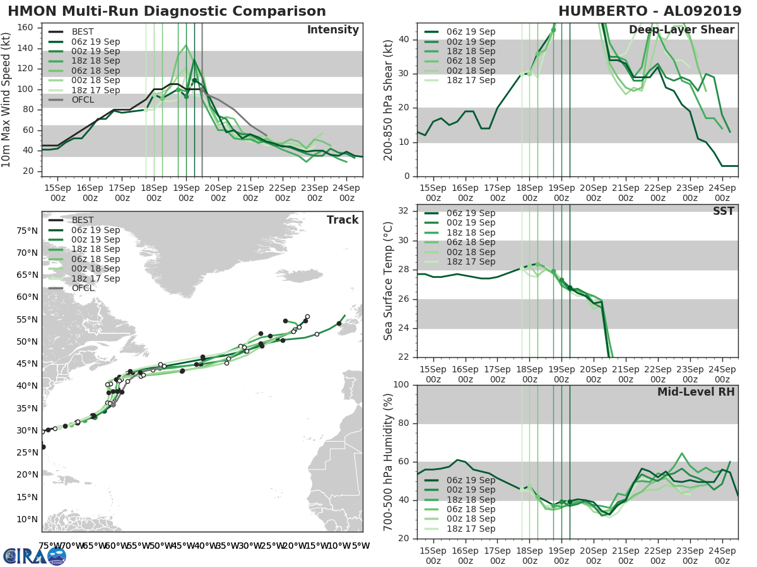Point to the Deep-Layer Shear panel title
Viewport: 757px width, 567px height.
pyautogui.click(x=681, y=30)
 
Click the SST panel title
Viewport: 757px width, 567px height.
pyautogui.click(x=724, y=211)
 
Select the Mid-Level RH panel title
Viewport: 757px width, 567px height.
pyautogui.click(x=696, y=392)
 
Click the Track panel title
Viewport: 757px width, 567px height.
pyautogui.click(x=343, y=220)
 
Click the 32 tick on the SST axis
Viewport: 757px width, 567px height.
pyautogui.click(x=404, y=211)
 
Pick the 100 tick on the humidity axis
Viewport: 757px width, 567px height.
pyautogui.click(x=401, y=385)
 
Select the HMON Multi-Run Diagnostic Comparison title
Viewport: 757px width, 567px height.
pyautogui.click(x=167, y=11)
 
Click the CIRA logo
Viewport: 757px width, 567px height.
pyautogui.click(x=35, y=556)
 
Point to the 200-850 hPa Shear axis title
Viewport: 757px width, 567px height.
pyautogui.click(x=389, y=100)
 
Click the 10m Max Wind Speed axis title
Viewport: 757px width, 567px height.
pyautogui.click(x=7, y=100)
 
